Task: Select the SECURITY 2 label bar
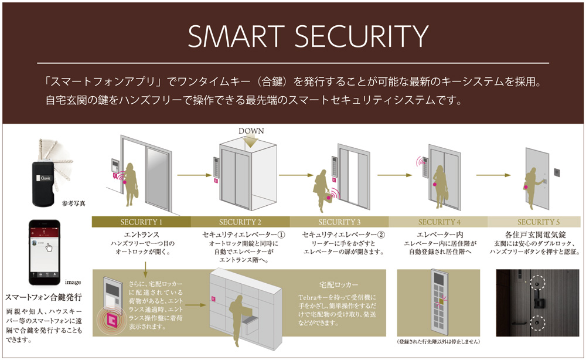240,222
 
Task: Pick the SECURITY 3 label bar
339,222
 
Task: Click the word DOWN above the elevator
251,131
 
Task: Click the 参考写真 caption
73,203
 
